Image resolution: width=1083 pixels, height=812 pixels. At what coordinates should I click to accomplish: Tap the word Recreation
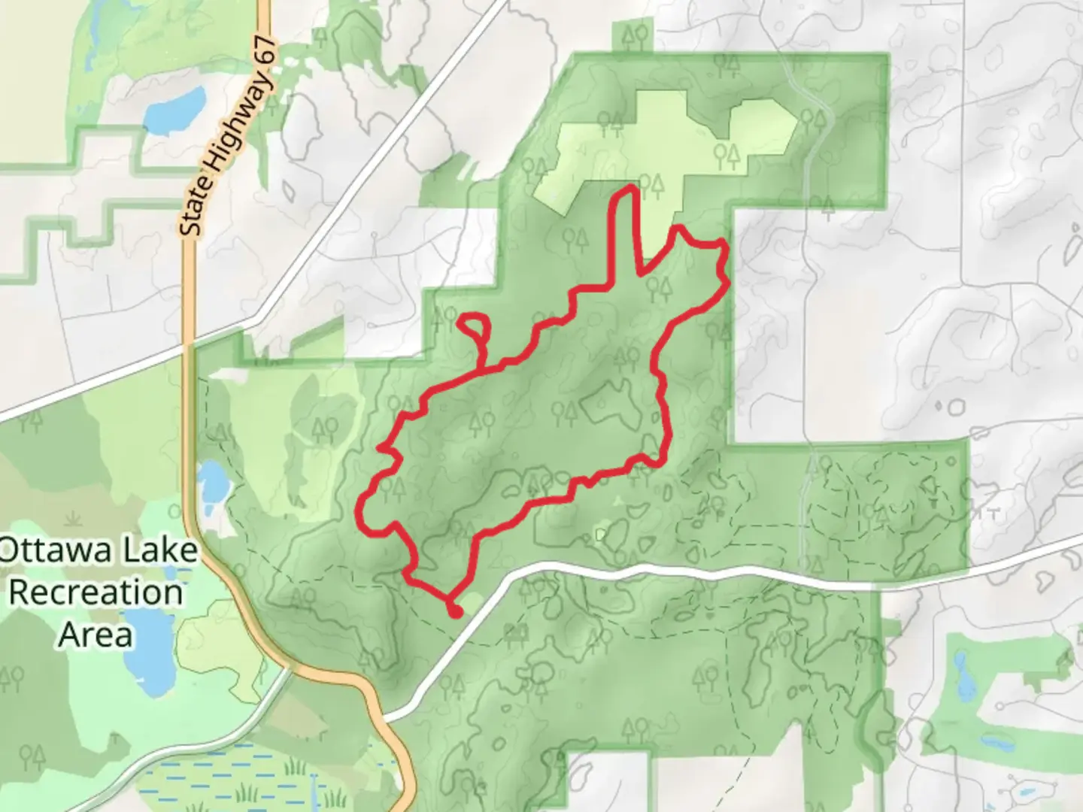96,592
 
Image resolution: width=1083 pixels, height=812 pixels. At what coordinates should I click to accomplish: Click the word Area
96,635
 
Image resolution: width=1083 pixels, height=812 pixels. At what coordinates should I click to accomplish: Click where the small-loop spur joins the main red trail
481,368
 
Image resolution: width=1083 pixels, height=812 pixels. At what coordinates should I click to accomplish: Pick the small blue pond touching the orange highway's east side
212,481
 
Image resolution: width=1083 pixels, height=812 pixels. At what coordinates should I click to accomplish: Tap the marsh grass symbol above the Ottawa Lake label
73,519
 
